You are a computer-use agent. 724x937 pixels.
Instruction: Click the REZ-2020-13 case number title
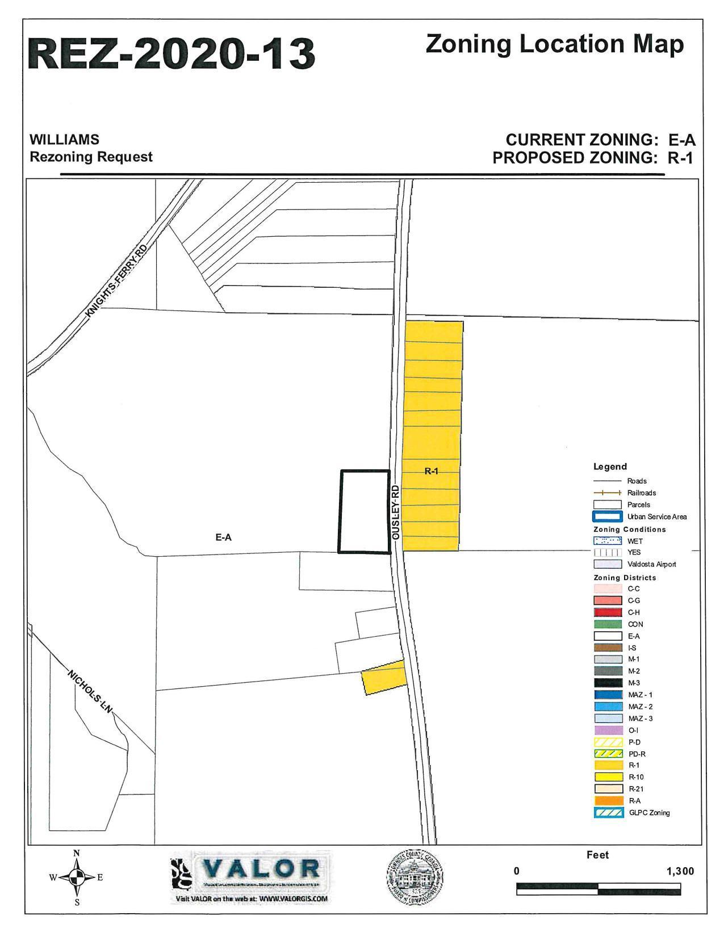(171, 54)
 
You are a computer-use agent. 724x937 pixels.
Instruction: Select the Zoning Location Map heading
(554, 44)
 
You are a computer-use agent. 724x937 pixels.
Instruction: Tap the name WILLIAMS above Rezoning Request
(64, 140)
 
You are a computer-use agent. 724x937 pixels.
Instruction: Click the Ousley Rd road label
(396, 511)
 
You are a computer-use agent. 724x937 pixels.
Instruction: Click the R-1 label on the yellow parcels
(432, 470)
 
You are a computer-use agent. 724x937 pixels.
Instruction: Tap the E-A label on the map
(223, 536)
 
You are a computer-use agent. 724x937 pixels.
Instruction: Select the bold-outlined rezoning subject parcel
(365, 511)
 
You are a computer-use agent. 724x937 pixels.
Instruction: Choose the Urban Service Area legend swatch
(607, 516)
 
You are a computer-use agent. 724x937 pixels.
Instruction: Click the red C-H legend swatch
(607, 612)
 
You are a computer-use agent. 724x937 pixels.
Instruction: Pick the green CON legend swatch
(607, 624)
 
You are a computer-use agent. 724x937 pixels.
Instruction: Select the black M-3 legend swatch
(607, 683)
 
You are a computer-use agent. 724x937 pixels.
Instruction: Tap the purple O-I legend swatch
(607, 730)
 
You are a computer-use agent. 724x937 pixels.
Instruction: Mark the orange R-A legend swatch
(607, 801)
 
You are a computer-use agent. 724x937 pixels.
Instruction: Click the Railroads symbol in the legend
(607, 493)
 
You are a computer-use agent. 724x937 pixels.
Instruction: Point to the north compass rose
(77, 877)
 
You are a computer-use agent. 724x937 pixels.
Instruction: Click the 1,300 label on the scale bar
(680, 871)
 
